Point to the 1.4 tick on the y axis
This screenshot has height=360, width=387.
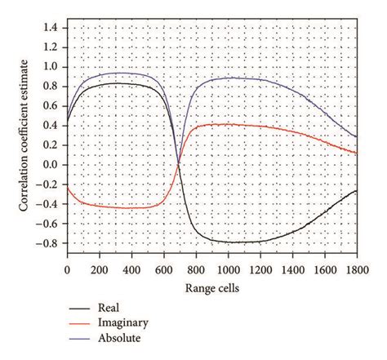point(51,26)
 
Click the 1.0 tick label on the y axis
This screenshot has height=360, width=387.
point(51,66)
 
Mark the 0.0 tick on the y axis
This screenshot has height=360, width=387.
point(51,164)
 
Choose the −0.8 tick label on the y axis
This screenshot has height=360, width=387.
point(48,243)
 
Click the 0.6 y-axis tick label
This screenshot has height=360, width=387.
point(51,105)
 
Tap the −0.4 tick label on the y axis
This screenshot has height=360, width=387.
point(48,204)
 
